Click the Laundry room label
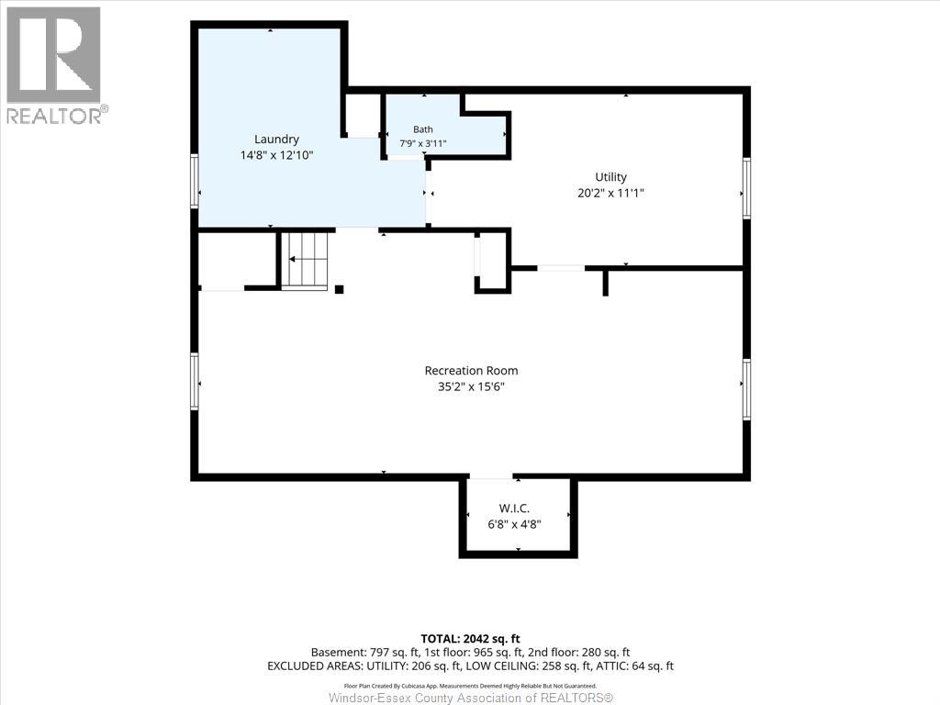point(276,140)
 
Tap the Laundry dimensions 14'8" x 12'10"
point(276,155)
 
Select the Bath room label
point(422,129)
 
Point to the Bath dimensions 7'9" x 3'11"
point(422,144)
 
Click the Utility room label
point(610,177)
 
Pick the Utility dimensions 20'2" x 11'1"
point(610,193)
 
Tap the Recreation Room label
point(471,371)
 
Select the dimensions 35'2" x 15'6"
point(471,386)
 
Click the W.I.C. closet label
point(514,509)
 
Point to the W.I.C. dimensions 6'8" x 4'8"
point(514,524)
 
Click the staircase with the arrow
point(306,260)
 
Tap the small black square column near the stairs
point(339,289)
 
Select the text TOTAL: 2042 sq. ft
point(470,639)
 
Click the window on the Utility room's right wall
point(746,187)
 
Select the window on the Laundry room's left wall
point(195,181)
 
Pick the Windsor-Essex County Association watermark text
point(471,698)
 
